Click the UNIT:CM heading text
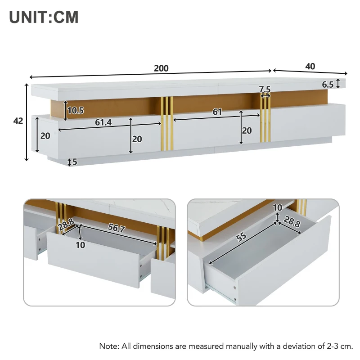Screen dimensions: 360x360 point(44,17)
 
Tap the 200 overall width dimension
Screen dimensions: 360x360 point(161,68)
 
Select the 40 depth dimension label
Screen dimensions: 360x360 point(310,66)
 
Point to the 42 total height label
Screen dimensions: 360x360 point(18,121)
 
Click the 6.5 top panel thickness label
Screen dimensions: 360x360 point(328,84)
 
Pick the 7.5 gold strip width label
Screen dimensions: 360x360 point(265,89)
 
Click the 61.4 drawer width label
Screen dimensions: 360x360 point(103,122)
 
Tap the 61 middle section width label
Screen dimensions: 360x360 point(217,112)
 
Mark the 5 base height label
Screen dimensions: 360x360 point(75,162)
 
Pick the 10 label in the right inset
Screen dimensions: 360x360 point(277,207)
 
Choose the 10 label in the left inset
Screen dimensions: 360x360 point(80,245)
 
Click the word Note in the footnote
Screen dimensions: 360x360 point(108,346)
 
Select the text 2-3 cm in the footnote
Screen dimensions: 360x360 point(339,346)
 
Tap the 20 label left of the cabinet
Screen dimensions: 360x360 point(45,135)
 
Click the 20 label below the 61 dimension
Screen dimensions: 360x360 point(247,130)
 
